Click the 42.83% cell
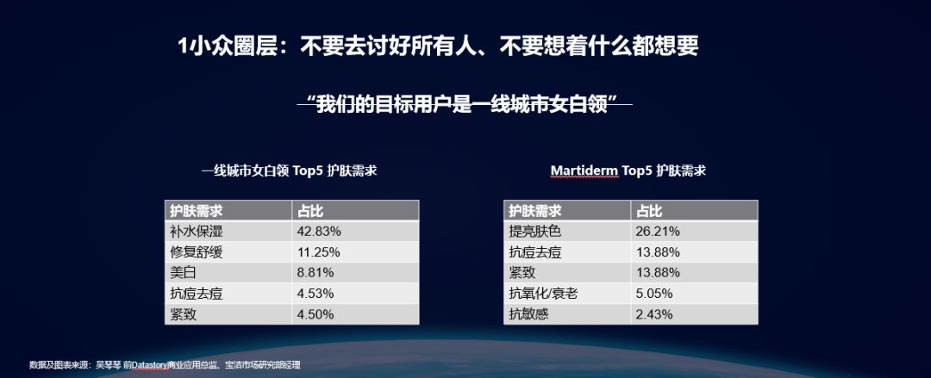tap(318, 232)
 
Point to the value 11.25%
tap(318, 252)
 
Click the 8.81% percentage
tap(316, 273)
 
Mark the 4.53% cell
tap(316, 294)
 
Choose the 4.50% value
tap(316, 314)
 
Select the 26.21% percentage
tap(658, 232)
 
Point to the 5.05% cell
tap(654, 294)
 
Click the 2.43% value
tap(654, 314)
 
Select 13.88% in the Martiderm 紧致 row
tap(658, 273)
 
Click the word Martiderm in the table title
tap(584, 170)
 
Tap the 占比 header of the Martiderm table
tap(649, 211)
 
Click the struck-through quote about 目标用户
tap(465, 105)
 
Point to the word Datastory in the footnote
tap(151, 364)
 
